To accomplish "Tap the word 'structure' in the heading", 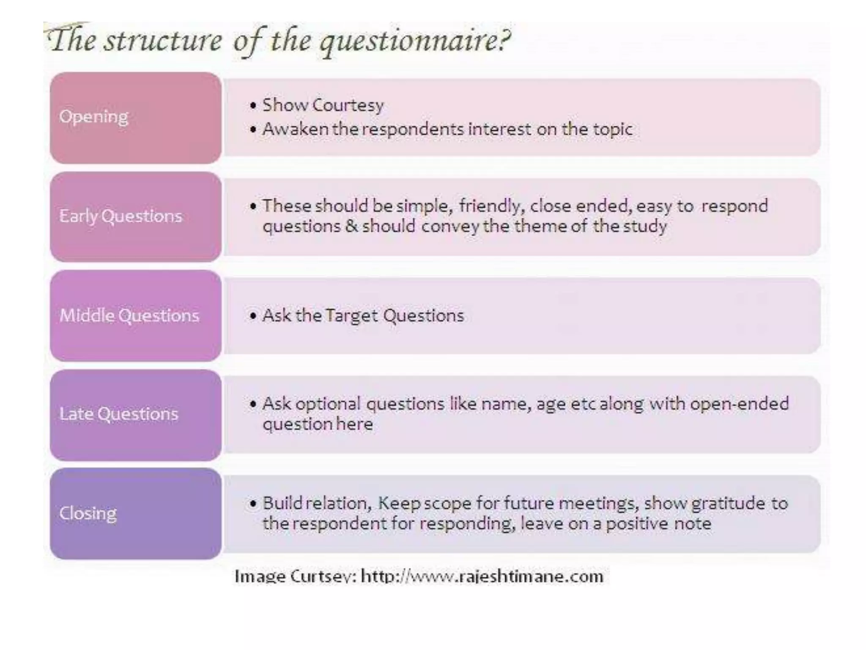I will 163,41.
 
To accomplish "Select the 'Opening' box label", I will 93,116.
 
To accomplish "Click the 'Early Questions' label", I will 121,216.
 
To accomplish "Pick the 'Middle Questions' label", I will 129,315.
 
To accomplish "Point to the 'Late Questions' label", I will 119,414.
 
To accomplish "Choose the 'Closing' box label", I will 88,513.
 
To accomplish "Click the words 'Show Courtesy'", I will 323,105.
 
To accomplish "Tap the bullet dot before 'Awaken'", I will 253,129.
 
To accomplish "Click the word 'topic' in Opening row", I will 613,129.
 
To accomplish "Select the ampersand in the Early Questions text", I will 351,226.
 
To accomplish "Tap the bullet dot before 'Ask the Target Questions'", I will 253,316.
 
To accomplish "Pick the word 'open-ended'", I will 740,404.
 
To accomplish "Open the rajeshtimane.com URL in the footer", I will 482,576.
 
